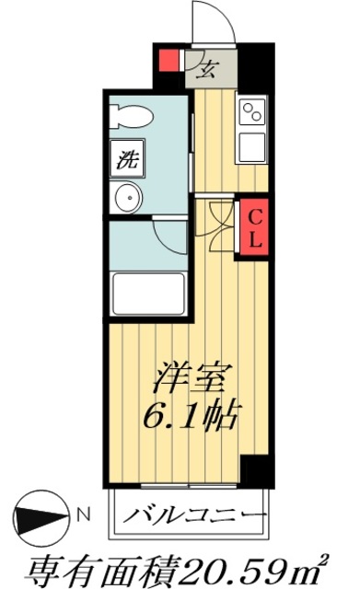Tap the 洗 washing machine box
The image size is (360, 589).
pos(125,157)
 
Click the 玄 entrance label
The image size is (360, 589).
pos(207,67)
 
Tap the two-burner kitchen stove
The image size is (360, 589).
pos(251,114)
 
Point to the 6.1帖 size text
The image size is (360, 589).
pos(192,415)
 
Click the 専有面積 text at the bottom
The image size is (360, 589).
pos(92,561)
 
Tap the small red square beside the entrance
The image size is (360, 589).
pos(168,64)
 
